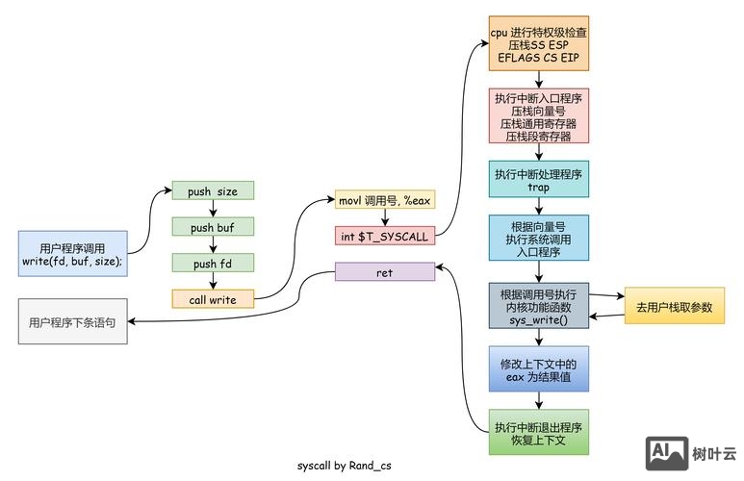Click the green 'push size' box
click(x=213, y=190)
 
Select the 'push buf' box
click(x=213, y=227)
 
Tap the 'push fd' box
click(x=213, y=264)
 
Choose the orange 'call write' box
click(x=213, y=299)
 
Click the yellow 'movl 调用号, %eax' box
click(x=384, y=200)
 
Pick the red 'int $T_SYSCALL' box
click(x=384, y=236)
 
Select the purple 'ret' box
click(x=384, y=272)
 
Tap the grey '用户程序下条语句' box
click(x=72, y=322)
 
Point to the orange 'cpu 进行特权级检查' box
click(x=538, y=44)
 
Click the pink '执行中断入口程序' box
click(x=538, y=116)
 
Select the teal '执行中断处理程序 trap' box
click(x=538, y=180)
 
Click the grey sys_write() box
click(x=538, y=307)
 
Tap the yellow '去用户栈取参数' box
click(x=674, y=307)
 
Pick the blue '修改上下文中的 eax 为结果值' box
click(x=538, y=371)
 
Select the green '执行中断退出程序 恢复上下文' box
click(x=538, y=433)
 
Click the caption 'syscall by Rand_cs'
click(x=345, y=465)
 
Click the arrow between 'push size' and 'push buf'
click(x=213, y=209)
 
